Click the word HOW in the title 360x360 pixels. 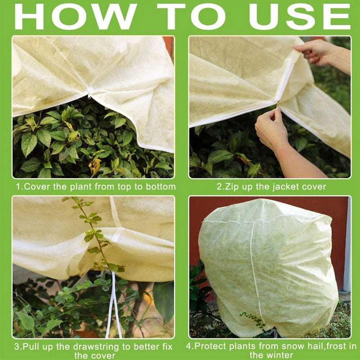[74, 17]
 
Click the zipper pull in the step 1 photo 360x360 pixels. [90, 95]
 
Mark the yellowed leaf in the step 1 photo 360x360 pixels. [95, 166]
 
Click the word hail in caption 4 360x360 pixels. [300, 346]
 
